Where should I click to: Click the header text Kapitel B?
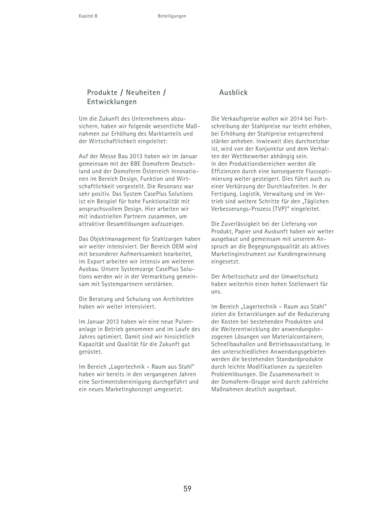click(x=88, y=16)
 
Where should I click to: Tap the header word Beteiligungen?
click(x=172, y=16)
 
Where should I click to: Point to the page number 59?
click(x=187, y=489)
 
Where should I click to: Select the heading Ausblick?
click(x=233, y=93)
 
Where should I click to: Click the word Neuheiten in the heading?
click(x=143, y=93)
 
